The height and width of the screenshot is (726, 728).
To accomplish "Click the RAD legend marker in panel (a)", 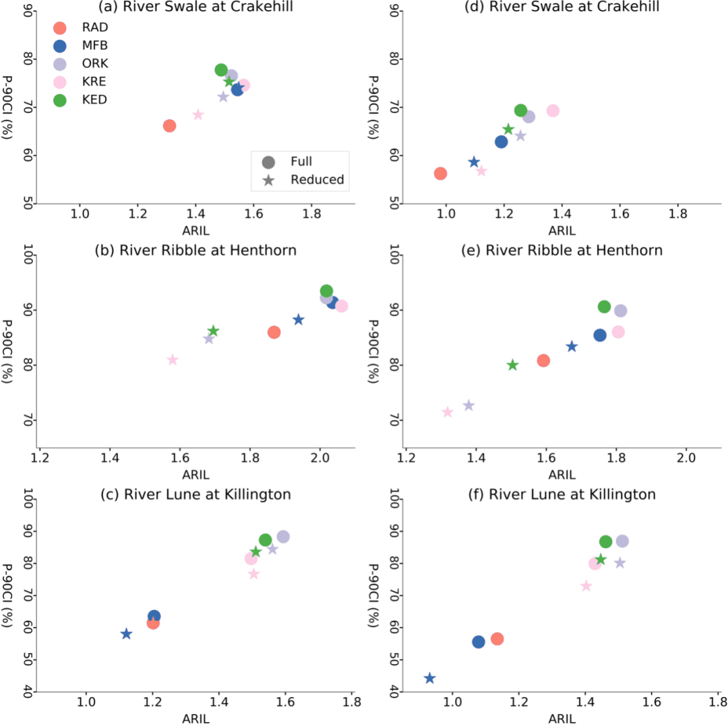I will (x=59, y=28).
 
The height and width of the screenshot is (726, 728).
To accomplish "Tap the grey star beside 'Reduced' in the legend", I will (x=268, y=180).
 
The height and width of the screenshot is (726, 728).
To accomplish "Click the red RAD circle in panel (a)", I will (x=169, y=126).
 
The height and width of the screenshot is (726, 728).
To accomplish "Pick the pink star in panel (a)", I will (x=198, y=115).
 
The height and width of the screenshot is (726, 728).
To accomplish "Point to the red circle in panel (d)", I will (x=440, y=173).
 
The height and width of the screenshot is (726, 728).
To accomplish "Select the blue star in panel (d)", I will (x=474, y=162).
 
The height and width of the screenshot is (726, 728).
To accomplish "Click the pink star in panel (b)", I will (x=173, y=360).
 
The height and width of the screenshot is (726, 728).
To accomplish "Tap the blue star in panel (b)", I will (x=299, y=320).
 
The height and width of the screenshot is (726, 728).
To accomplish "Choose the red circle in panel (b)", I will (x=274, y=332).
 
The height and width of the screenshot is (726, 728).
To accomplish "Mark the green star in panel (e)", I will (x=512, y=365).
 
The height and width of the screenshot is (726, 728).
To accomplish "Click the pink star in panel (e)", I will (x=448, y=412).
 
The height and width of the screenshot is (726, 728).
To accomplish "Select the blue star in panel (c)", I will (x=126, y=634).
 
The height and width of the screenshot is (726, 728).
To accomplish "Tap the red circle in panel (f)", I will (x=497, y=638).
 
